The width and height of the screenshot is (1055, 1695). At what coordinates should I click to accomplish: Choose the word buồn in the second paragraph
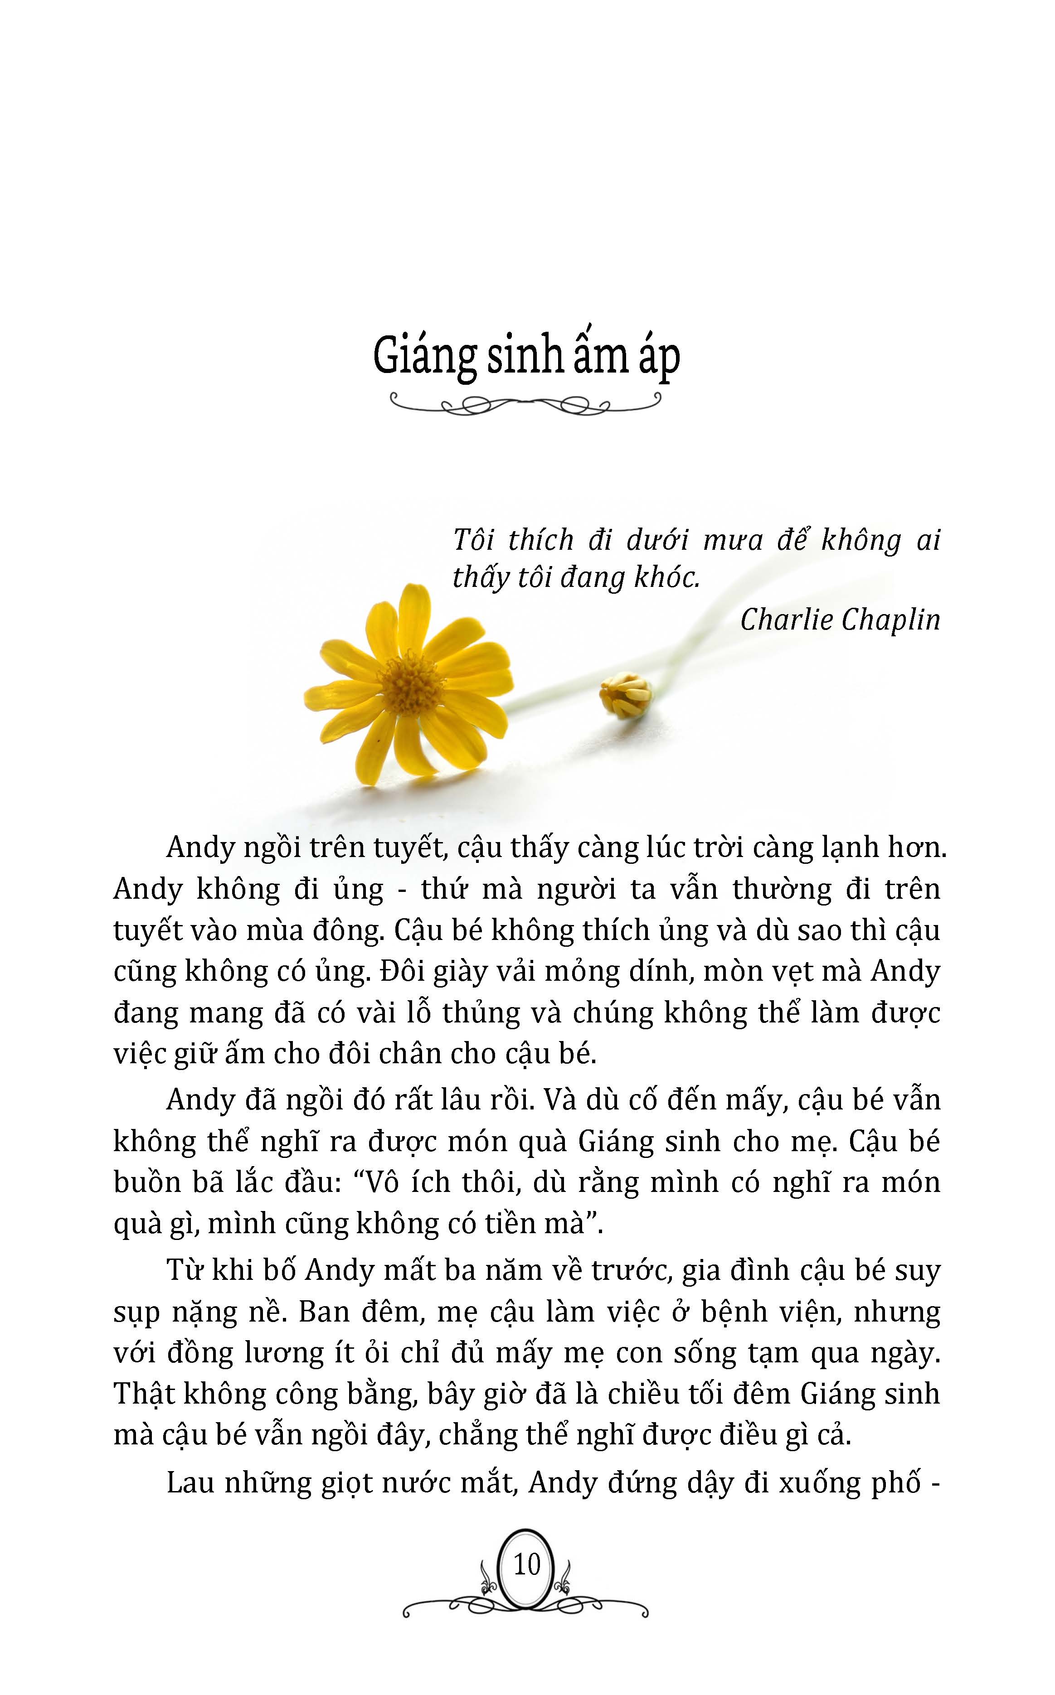point(143,1182)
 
